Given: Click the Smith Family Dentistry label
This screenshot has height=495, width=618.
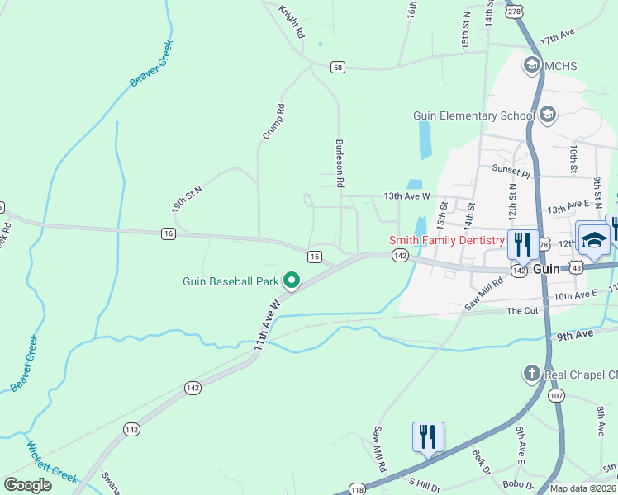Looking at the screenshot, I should tap(446, 240).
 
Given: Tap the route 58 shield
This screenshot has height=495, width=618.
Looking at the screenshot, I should tap(337, 66).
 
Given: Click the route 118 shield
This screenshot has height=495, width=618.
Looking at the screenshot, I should tap(357, 490).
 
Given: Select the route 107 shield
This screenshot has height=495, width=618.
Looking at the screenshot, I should tap(555, 396).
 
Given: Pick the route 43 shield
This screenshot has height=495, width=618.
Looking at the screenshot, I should tap(576, 269).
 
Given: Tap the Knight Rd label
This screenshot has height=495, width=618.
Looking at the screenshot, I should tap(292, 22).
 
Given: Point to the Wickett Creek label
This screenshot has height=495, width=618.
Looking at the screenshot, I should tap(52, 462).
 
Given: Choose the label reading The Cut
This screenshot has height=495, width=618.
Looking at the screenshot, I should tap(521, 311).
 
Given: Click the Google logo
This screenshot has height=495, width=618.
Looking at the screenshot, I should tap(27, 485).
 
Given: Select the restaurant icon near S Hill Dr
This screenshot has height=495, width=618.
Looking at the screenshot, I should tap(428, 436).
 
